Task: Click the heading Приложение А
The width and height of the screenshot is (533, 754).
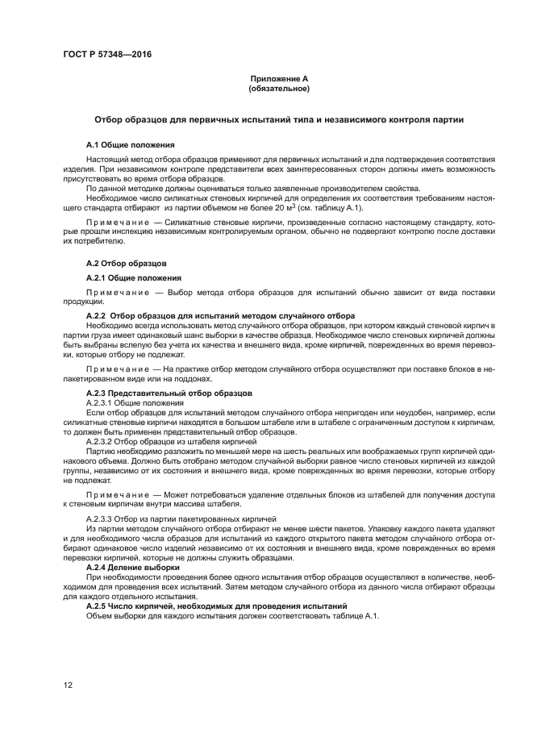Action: tap(279, 78)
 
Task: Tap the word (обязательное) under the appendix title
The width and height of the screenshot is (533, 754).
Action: tap(279, 88)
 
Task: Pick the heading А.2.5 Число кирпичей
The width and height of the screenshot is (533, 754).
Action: tap(216, 606)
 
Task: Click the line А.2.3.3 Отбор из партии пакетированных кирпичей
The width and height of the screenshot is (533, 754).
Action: tap(181, 517)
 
